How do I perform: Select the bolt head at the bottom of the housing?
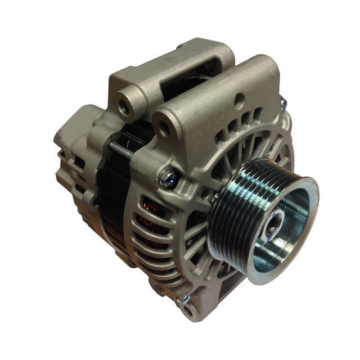click(184, 300)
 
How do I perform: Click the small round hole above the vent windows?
click(240, 102)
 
